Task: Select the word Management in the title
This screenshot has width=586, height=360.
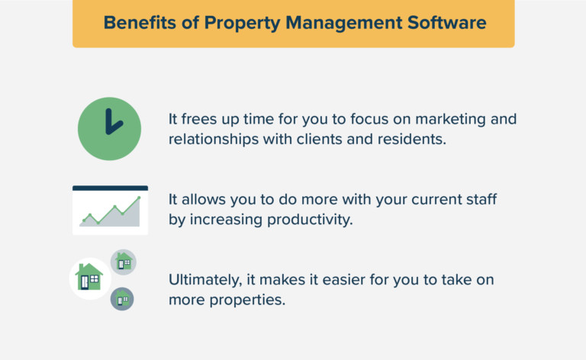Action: point(343,23)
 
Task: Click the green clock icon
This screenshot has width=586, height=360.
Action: point(110,128)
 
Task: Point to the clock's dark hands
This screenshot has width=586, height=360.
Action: point(111,122)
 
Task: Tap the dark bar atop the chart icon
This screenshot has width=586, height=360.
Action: point(110,188)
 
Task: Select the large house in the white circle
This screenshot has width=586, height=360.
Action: point(89,277)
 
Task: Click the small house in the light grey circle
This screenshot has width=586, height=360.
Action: point(123,262)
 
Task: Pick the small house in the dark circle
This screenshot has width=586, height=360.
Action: point(122,298)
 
